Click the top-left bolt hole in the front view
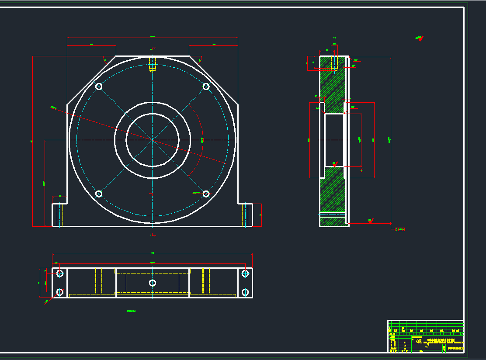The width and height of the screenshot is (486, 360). click(x=99, y=87)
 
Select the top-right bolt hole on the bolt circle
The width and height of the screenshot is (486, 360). click(x=206, y=87)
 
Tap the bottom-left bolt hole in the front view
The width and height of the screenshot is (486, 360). click(x=99, y=194)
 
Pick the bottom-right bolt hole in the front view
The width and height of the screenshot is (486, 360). click(x=206, y=194)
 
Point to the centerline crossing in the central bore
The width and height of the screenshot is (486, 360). click(x=153, y=140)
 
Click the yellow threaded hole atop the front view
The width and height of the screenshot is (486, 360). click(x=153, y=64)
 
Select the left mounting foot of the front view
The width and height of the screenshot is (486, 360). click(x=59, y=215)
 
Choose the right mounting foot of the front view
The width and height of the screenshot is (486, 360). click(x=246, y=215)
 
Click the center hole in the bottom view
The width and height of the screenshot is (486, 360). click(x=152, y=283)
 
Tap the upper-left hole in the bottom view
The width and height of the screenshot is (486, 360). click(x=60, y=273)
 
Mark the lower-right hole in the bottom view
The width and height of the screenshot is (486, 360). click(x=245, y=292)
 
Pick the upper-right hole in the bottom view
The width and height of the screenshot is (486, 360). click(x=245, y=273)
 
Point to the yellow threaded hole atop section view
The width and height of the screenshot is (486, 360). click(x=334, y=64)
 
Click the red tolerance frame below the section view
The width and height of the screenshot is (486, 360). click(x=399, y=229)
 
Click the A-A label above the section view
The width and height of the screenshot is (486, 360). click(x=334, y=38)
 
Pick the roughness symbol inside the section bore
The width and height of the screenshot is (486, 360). click(x=335, y=164)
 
